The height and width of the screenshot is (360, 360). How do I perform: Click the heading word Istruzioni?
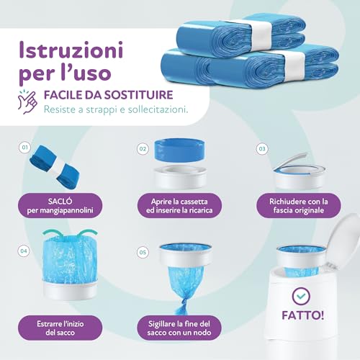tap(70, 51)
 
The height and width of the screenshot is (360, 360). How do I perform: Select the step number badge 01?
tap(24, 148)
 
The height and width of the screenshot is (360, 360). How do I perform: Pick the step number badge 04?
tap(24, 251)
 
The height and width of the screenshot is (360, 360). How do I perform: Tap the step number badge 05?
tap(143, 253)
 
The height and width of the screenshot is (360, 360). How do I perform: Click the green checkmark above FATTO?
tap(300, 296)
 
